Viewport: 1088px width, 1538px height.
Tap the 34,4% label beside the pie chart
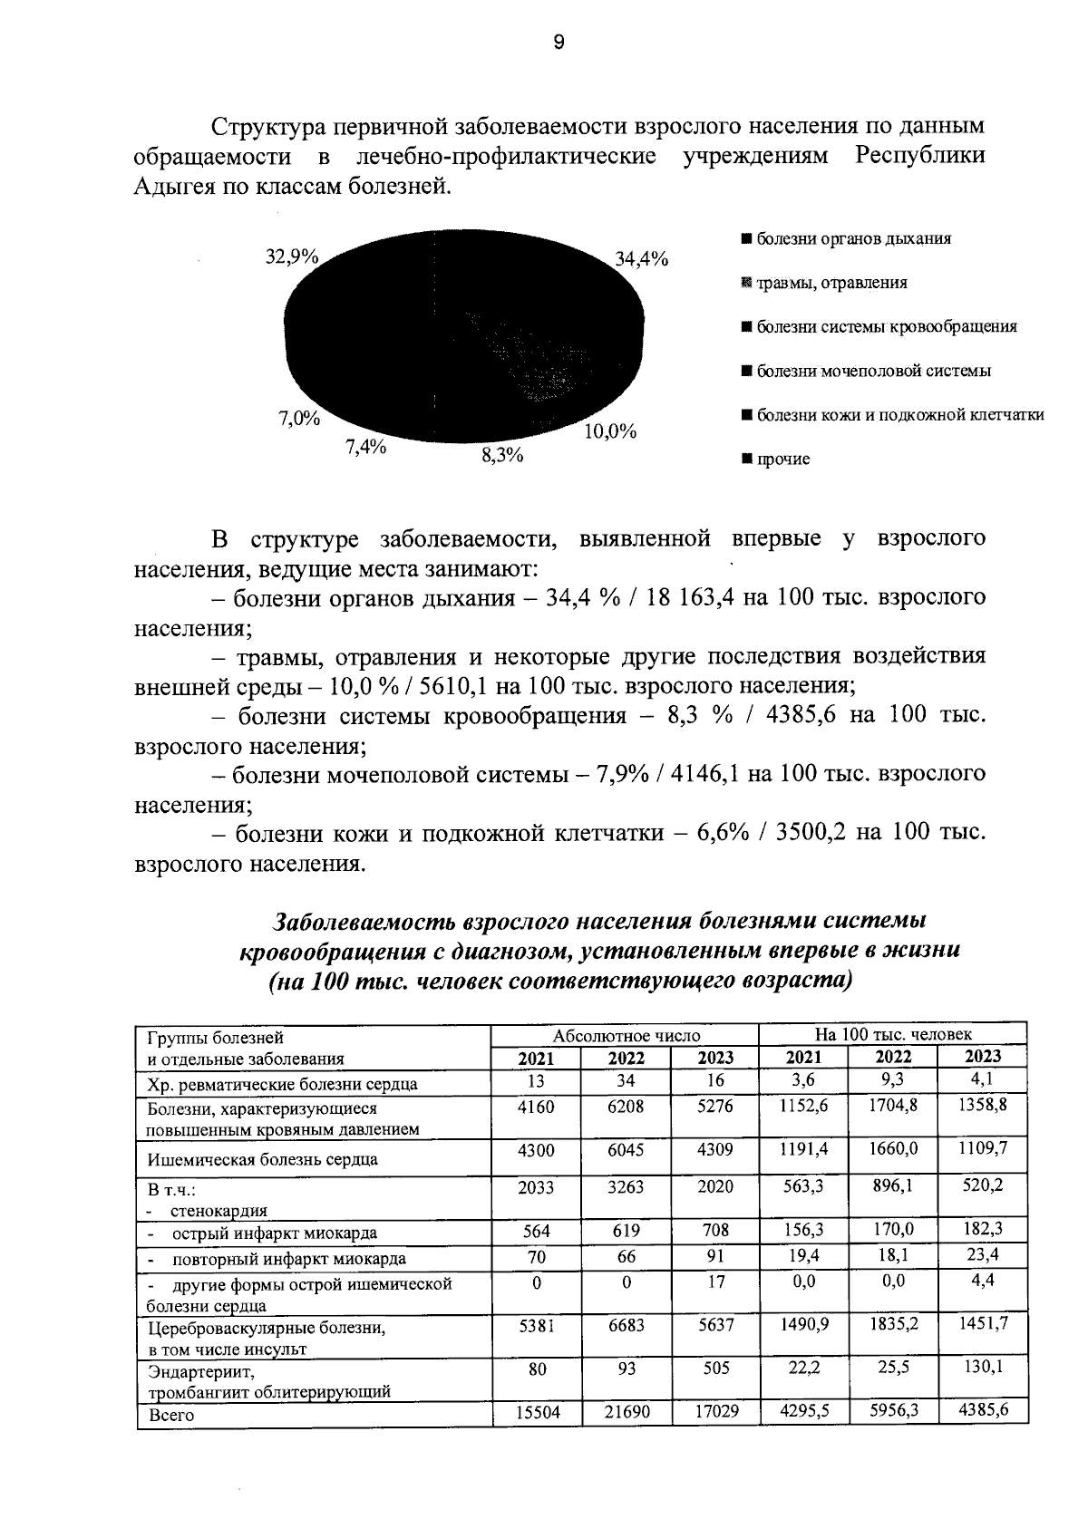click(x=642, y=259)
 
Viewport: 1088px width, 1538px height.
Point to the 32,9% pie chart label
click(x=291, y=256)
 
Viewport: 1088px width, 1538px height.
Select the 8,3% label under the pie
click(x=502, y=456)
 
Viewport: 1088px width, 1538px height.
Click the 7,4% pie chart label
click(x=365, y=446)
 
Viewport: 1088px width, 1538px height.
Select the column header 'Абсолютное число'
click(x=627, y=1035)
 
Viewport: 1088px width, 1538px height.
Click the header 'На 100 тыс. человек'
click(x=892, y=1034)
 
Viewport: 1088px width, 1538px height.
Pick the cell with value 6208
click(x=626, y=1107)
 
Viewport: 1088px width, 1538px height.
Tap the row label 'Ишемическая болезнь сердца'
click(x=263, y=1159)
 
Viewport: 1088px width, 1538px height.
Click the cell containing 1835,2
click(x=893, y=1323)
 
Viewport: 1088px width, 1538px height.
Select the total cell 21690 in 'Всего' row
click(x=626, y=1412)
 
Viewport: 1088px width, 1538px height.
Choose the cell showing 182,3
click(x=983, y=1230)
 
